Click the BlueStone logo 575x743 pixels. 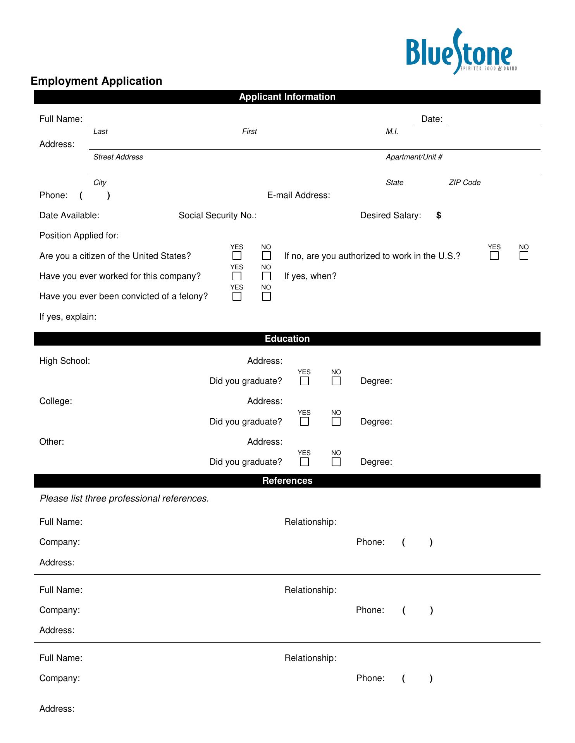click(x=461, y=52)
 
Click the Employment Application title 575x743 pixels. click(x=96, y=81)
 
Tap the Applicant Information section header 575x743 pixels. click(x=287, y=97)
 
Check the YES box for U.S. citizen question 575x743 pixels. click(x=237, y=256)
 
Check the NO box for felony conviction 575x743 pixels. click(x=266, y=296)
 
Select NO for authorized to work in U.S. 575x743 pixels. click(x=524, y=256)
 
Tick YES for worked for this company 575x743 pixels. click(x=237, y=276)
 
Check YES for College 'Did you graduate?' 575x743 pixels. click(x=305, y=421)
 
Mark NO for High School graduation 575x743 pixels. click(x=336, y=381)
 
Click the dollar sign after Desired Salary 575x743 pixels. click(x=439, y=216)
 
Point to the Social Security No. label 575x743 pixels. click(x=218, y=216)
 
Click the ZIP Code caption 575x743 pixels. click(x=465, y=183)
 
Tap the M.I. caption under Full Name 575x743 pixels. click(x=392, y=132)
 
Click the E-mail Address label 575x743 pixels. click(x=299, y=195)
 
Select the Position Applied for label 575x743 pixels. click(x=79, y=236)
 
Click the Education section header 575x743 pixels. click(x=287, y=339)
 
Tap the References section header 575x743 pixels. click(x=287, y=481)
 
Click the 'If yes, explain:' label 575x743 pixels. click(x=68, y=317)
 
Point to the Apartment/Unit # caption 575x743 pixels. click(x=414, y=157)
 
